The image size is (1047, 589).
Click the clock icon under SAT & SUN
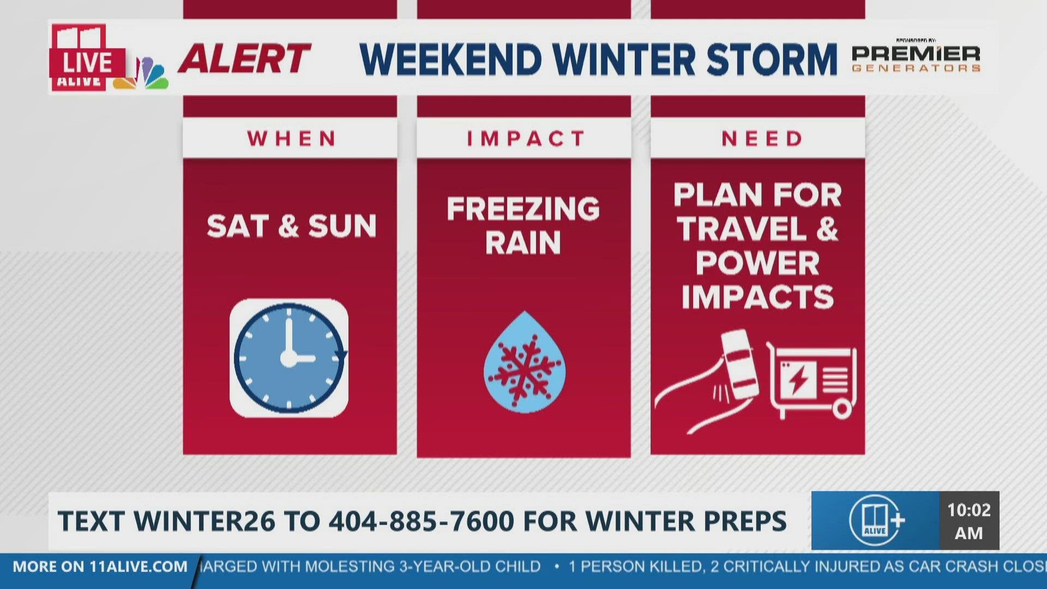pyautogui.click(x=289, y=358)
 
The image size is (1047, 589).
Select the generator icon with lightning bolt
pyautogui.click(x=812, y=379)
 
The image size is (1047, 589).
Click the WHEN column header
pyautogui.click(x=291, y=139)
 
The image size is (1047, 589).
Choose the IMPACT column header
pyautogui.click(x=525, y=139)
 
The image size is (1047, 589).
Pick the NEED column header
pyautogui.click(x=761, y=139)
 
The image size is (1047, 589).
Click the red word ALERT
pyautogui.click(x=244, y=59)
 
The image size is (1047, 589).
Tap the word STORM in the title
pyautogui.click(x=772, y=59)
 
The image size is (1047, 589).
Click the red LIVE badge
pyautogui.click(x=87, y=63)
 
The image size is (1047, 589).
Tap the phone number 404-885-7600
pyautogui.click(x=422, y=521)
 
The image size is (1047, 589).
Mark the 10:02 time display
pyautogui.click(x=969, y=520)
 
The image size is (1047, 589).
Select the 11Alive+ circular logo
pyautogui.click(x=876, y=520)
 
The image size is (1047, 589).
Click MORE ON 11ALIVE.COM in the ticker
pyautogui.click(x=100, y=567)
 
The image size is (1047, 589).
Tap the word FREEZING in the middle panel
pyautogui.click(x=523, y=208)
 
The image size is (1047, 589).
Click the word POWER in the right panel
pyautogui.click(x=757, y=263)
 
